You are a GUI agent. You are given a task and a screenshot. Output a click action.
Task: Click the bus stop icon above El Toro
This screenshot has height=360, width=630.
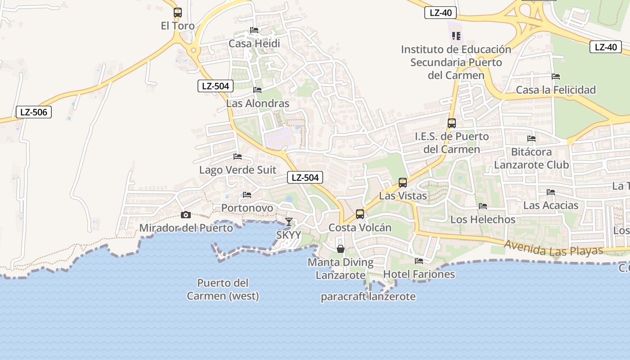pyautogui.click(x=178, y=13)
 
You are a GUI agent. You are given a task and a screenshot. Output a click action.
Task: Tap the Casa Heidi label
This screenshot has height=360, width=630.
pyautogui.click(x=254, y=44)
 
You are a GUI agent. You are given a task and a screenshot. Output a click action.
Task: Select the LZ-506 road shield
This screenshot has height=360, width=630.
pyautogui.click(x=34, y=112)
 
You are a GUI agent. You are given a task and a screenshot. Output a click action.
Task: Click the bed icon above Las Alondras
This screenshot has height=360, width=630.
pyautogui.click(x=257, y=90)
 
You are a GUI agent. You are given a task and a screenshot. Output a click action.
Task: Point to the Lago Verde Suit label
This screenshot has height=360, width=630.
pyautogui.click(x=238, y=170)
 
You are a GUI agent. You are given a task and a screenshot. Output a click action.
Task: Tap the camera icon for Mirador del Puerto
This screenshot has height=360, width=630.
pyautogui.click(x=185, y=215)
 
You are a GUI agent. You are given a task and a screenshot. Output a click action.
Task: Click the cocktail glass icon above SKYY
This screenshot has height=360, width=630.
pyautogui.click(x=289, y=221)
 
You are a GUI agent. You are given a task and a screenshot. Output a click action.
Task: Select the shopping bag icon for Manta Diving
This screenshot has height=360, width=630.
pyautogui.click(x=341, y=249)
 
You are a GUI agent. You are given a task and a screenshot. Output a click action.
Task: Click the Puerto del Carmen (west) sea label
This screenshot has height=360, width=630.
pyautogui.click(x=223, y=289)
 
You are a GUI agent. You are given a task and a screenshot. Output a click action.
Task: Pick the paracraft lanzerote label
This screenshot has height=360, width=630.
pyautogui.click(x=368, y=297)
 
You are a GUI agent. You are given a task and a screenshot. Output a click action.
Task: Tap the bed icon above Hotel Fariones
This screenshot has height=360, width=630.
pyautogui.click(x=419, y=261)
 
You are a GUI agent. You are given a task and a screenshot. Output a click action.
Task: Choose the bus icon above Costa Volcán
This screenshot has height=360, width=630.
pyautogui.click(x=360, y=214)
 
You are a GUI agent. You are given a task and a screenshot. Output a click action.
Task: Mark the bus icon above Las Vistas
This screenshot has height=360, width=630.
pyautogui.click(x=403, y=183)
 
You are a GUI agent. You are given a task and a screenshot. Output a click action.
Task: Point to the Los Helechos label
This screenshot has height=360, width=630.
pyautogui.click(x=483, y=220)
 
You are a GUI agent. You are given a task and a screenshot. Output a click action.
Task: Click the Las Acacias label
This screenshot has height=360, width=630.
pyautogui.click(x=551, y=206)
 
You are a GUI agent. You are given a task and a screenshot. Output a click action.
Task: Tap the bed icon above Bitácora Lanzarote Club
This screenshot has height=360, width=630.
pyautogui.click(x=531, y=139)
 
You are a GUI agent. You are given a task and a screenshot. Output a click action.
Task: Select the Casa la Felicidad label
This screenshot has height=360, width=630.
pyautogui.click(x=556, y=90)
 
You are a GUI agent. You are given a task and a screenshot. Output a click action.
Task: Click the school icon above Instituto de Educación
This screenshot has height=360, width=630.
pyautogui.click(x=456, y=36)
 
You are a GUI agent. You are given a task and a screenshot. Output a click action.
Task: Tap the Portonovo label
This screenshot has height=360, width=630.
pyautogui.click(x=247, y=208)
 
